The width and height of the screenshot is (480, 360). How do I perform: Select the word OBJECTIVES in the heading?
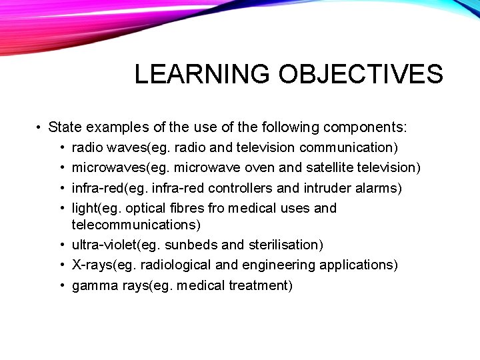(x=361, y=74)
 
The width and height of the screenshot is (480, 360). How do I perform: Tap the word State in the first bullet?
(x=64, y=127)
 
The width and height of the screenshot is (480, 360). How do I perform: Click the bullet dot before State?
(x=40, y=127)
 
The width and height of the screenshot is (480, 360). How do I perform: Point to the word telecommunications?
(x=136, y=225)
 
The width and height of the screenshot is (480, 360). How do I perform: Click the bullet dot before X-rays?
(x=62, y=265)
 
